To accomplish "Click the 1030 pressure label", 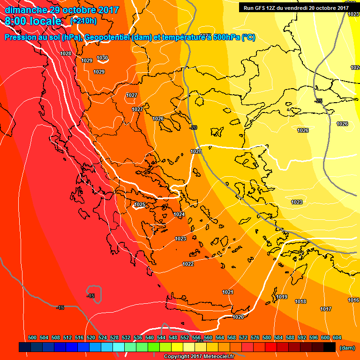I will tap(102, 58).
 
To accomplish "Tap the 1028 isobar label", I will tap(66, 53).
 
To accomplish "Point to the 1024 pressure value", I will tap(179, 214).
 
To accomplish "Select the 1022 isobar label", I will tap(188, 264).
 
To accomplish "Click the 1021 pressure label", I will tap(228, 292).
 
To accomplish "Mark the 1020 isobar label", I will tap(238, 317).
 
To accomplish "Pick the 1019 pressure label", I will tap(282, 297).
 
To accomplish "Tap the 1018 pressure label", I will tap(300, 301).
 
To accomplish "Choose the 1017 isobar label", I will tap(326, 309).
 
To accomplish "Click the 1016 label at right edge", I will tap(353, 300).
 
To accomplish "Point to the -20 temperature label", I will tap(194, 127).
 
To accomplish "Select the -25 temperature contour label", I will tap(319, 101).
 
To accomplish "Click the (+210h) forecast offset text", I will tap(83, 21).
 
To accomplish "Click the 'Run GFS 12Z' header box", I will tap(296, 7).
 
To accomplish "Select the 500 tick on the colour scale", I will tap(32, 337).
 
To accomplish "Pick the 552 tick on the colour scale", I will tap(185, 337).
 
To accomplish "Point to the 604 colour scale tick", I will tap(337, 337).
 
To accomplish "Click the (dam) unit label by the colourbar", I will tap(347, 348).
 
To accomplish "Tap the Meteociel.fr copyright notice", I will tap(199, 357).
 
